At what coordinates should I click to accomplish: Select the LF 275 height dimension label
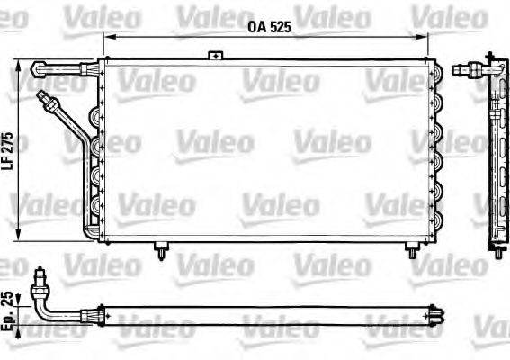pos(8,148)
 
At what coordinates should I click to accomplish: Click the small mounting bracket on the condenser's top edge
pos(215,56)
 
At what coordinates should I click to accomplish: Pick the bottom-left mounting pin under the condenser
pos(161,247)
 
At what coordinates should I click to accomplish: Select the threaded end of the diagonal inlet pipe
pos(46,97)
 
